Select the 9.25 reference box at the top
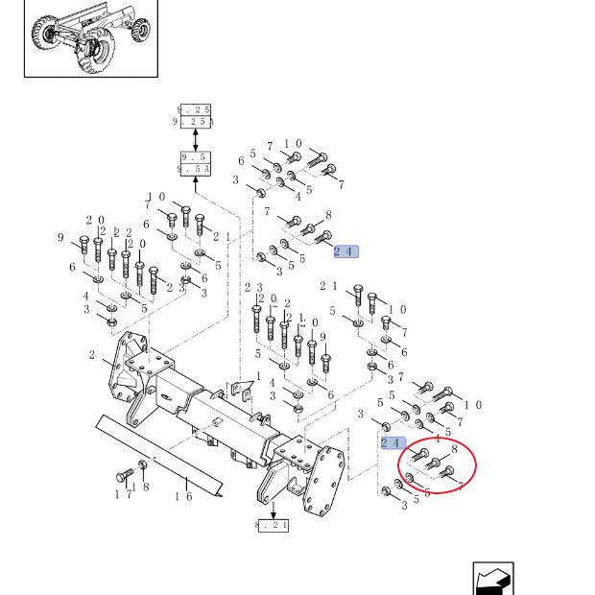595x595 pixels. pyautogui.click(x=195, y=116)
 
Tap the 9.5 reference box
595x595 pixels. pyautogui.click(x=195, y=163)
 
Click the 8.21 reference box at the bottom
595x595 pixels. pyautogui.click(x=273, y=525)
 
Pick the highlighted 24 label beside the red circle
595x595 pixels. pyautogui.click(x=392, y=442)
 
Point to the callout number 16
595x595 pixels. pyautogui.click(x=182, y=496)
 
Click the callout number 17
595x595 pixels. pyautogui.click(x=123, y=495)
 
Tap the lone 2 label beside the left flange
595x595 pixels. pyautogui.click(x=92, y=356)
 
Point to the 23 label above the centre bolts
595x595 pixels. pyautogui.click(x=253, y=288)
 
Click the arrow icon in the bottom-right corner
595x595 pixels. pyautogui.click(x=493, y=580)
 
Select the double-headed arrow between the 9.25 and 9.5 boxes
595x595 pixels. pyautogui.click(x=195, y=139)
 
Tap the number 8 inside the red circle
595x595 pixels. pyautogui.click(x=453, y=449)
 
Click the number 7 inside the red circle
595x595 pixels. pyautogui.click(x=460, y=486)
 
